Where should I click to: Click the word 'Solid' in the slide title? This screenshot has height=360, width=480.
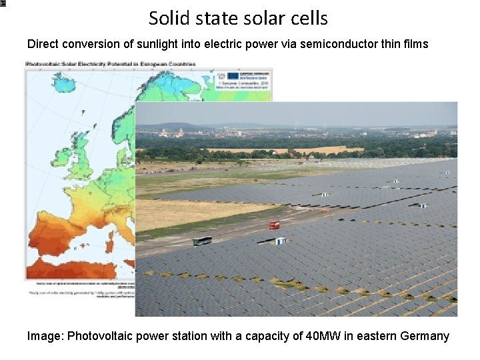coord(165,18)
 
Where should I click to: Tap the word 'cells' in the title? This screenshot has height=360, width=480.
coord(306,18)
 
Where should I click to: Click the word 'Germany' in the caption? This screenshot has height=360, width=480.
coord(425,335)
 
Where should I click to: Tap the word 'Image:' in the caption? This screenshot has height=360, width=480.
coord(45,335)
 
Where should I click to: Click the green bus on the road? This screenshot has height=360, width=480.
coord(202,241)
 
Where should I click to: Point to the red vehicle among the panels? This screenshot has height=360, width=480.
coord(273,225)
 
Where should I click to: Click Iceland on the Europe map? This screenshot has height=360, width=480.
coord(64,83)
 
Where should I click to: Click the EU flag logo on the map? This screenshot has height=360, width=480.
coord(233,75)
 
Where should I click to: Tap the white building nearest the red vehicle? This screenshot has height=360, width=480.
coord(281,241)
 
